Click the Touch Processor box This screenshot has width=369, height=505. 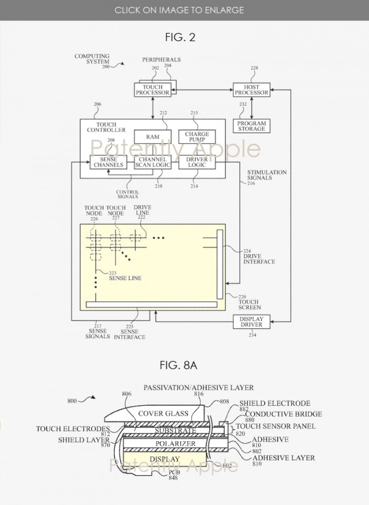pyautogui.click(x=153, y=90)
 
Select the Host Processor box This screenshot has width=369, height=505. pyautogui.click(x=251, y=90)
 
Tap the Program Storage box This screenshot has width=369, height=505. pyautogui.click(x=251, y=126)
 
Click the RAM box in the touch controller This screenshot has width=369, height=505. pyautogui.click(x=152, y=137)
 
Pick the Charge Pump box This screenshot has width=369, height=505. pyautogui.click(x=197, y=137)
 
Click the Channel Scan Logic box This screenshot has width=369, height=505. pyautogui.click(x=152, y=162)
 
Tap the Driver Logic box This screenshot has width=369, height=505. pyautogui.click(x=197, y=162)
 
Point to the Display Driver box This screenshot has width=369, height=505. pyautogui.click(x=251, y=322)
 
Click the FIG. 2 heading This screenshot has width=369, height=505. pyautogui.click(x=184, y=37)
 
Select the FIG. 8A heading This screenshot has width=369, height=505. pyautogui.click(x=184, y=364)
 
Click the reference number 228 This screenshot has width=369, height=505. pyautogui.click(x=254, y=68)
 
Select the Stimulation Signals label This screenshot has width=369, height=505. pyautogui.click(x=267, y=175)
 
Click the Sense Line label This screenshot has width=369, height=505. pyautogui.click(x=125, y=278)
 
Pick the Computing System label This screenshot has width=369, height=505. pyautogui.click(x=92, y=59)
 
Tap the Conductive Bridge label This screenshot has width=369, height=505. pyautogui.click(x=276, y=414)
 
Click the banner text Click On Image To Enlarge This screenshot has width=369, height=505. pyautogui.click(x=179, y=10)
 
